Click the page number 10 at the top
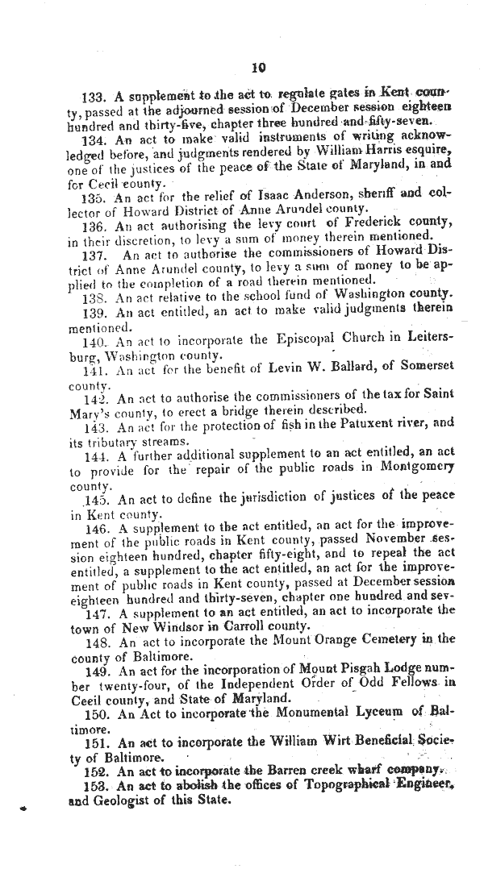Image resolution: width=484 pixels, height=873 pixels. tap(258, 68)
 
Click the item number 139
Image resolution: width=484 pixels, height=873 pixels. tap(95, 314)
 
